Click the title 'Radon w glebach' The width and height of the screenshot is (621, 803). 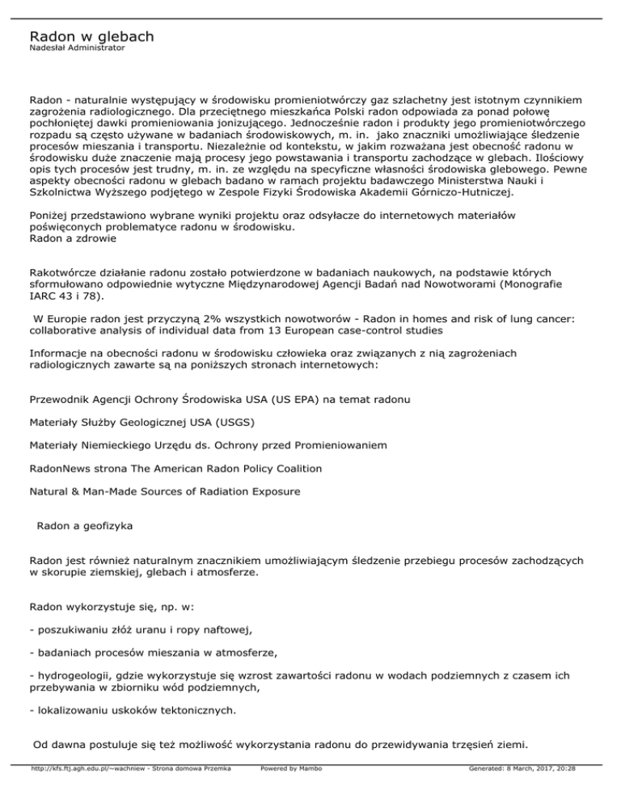[x=91, y=37]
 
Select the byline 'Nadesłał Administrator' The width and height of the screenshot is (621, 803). [x=77, y=49]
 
